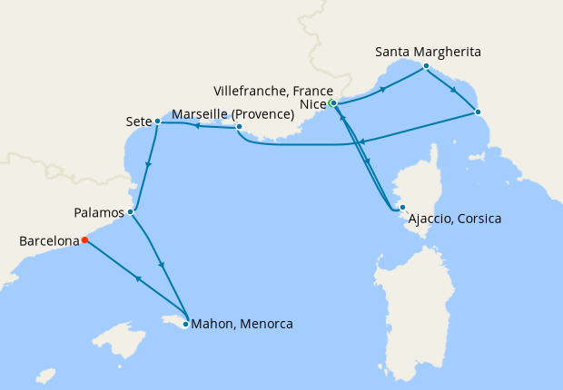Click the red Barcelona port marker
[84, 240]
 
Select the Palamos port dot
[132, 212]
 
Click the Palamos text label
[99, 213]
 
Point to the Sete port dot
[157, 121]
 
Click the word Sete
[139, 121]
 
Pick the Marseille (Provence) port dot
[239, 127]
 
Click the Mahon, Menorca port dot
[186, 324]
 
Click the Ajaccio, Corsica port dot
[402, 208]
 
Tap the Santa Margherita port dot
[426, 66]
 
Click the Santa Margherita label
[429, 52]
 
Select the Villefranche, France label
[270, 92]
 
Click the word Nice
[312, 105]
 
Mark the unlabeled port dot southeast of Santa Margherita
[479, 112]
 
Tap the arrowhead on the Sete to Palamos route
[147, 165]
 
